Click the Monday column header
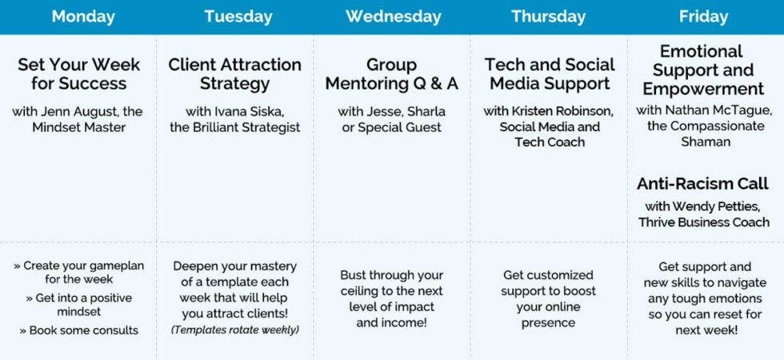click(83, 16)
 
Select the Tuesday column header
click(238, 16)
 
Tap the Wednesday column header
click(393, 16)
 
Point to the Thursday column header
click(549, 16)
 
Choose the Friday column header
click(703, 16)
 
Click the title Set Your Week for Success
click(78, 74)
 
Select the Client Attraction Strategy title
click(234, 74)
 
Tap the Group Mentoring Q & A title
click(391, 74)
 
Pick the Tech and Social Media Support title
click(550, 74)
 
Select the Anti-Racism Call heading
click(702, 184)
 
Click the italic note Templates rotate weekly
click(234, 330)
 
